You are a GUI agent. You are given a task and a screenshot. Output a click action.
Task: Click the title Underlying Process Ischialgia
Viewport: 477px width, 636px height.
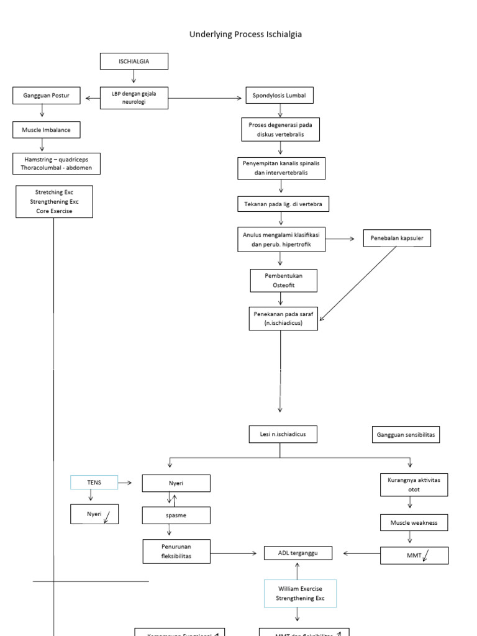pyautogui.click(x=245, y=35)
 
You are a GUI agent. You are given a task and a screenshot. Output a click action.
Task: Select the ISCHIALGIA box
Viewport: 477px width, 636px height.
pyautogui.click(x=134, y=61)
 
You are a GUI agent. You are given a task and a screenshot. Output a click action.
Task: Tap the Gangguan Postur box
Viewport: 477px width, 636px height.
pyautogui.click(x=42, y=96)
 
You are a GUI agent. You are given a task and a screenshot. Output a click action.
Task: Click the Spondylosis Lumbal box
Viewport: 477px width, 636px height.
pyautogui.click(x=279, y=96)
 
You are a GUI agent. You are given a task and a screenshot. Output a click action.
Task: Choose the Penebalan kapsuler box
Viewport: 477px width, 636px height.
pyautogui.click(x=397, y=238)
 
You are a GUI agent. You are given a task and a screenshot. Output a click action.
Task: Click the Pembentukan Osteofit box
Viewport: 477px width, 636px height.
pyautogui.click(x=284, y=280)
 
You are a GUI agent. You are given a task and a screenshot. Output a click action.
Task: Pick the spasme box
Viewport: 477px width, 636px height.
pyautogui.click(x=176, y=516)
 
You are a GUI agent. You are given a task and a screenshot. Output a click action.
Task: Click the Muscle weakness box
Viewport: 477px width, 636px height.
pyautogui.click(x=414, y=523)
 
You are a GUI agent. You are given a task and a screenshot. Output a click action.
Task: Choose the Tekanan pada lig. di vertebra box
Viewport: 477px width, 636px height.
pyautogui.click(x=283, y=204)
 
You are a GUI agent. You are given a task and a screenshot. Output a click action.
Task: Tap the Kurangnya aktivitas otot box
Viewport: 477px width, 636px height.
pyautogui.click(x=414, y=484)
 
